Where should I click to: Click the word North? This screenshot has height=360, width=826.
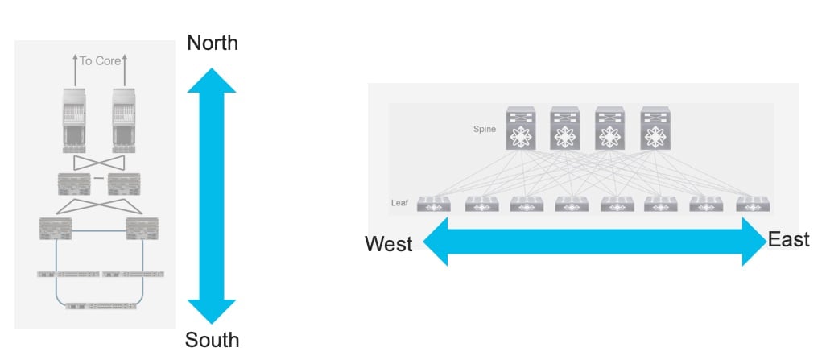[x=213, y=43]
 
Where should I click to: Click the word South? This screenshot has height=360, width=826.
[x=212, y=340]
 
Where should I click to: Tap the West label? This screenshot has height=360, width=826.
[x=389, y=244]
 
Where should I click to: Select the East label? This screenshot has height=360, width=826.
[x=789, y=239]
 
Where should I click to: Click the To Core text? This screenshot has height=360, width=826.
[x=100, y=61]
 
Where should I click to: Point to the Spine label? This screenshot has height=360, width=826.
[x=484, y=129]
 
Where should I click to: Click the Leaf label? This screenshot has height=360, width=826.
[x=399, y=203]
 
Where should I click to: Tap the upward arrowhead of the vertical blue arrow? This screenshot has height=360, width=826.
[x=211, y=80]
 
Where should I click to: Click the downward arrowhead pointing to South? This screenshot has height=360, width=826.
[x=211, y=312]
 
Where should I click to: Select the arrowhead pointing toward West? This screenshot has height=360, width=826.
[x=436, y=242]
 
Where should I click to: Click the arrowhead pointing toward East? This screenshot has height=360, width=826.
[x=754, y=242]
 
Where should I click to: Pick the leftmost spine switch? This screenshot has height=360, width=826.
[x=520, y=128]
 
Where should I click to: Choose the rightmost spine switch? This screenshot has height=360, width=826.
[x=655, y=128]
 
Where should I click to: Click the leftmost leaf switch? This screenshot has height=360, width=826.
[x=434, y=204]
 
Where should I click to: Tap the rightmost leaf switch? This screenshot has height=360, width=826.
[x=753, y=204]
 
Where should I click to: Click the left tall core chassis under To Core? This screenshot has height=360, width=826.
[x=74, y=121]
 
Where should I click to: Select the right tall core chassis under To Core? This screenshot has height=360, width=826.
[x=124, y=121]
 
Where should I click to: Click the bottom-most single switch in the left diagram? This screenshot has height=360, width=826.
[x=101, y=306]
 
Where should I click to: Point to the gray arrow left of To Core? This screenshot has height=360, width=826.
[x=75, y=70]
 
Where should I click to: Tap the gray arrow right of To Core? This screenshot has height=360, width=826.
[x=125, y=70]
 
